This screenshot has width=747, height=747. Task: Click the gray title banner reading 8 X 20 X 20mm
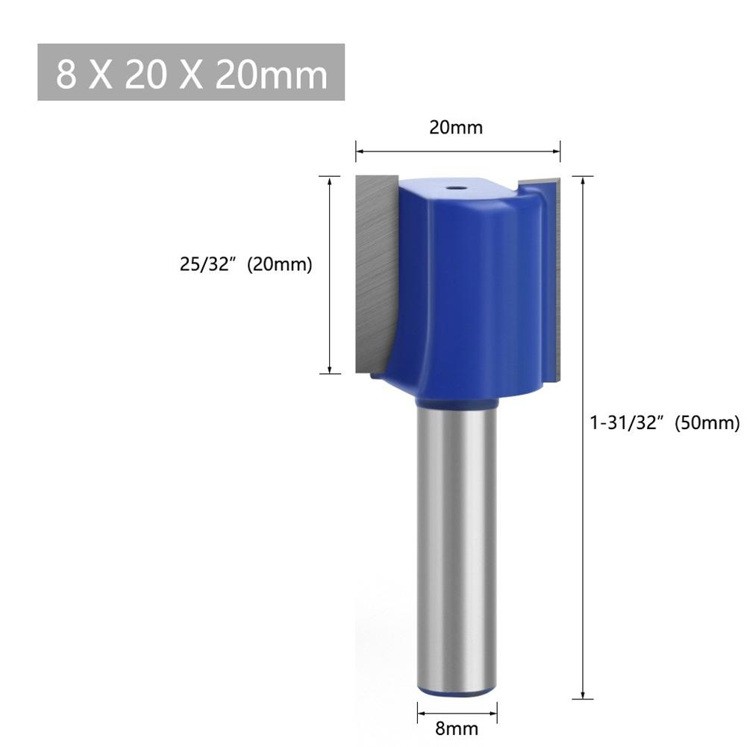click(x=191, y=72)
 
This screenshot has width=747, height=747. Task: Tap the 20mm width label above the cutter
click(x=456, y=128)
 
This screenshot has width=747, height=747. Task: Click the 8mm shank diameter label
click(x=456, y=728)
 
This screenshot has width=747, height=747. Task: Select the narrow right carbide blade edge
click(x=554, y=276)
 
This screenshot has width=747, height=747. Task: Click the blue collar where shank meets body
click(x=455, y=404)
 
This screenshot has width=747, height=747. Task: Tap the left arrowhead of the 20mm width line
click(x=359, y=152)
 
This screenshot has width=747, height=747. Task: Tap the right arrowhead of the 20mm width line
click(x=556, y=152)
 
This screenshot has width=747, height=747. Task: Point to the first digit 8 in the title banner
click(x=66, y=74)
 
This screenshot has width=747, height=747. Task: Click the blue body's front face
click(x=478, y=299)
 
